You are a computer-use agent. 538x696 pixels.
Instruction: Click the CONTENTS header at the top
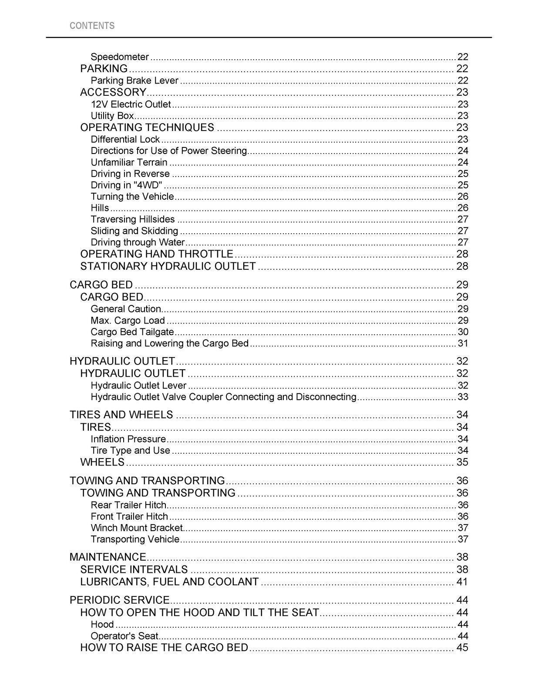pyautogui.click(x=92, y=26)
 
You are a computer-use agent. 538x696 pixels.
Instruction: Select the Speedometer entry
pyautogui.click(x=120, y=57)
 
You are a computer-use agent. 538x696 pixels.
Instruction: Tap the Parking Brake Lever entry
pyautogui.click(x=134, y=80)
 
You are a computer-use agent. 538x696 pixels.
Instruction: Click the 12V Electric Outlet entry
pyautogui.click(x=131, y=104)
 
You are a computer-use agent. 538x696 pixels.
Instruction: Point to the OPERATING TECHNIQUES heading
pyautogui.click(x=147, y=127)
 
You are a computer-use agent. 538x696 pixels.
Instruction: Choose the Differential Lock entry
pyautogui.click(x=125, y=139)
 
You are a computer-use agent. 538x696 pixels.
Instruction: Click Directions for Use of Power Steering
pyautogui.click(x=169, y=151)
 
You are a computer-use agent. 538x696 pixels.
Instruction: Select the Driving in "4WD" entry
pyautogui.click(x=126, y=185)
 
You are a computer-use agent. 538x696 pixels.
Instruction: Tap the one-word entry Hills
pyautogui.click(x=100, y=208)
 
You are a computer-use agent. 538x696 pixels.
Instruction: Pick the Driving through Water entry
pyautogui.click(x=138, y=242)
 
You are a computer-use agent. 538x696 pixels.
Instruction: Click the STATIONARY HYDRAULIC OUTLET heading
pyautogui.click(x=168, y=266)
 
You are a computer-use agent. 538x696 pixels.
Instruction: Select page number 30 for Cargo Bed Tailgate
pyautogui.click(x=463, y=332)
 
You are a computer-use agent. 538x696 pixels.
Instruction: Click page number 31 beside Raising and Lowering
pyautogui.click(x=463, y=343)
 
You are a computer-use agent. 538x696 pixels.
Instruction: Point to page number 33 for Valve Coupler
pyautogui.click(x=463, y=397)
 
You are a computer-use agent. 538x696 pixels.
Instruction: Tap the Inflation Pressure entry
pyautogui.click(x=128, y=439)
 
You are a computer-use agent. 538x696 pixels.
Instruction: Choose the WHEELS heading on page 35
pyautogui.click(x=102, y=462)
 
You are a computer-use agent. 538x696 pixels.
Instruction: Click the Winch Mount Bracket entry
pyautogui.click(x=137, y=528)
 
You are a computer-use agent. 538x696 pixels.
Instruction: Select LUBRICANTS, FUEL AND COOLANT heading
pyautogui.click(x=169, y=582)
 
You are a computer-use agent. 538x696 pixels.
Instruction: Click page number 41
pyautogui.click(x=462, y=582)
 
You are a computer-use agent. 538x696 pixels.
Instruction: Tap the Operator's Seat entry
pyautogui.click(x=124, y=636)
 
